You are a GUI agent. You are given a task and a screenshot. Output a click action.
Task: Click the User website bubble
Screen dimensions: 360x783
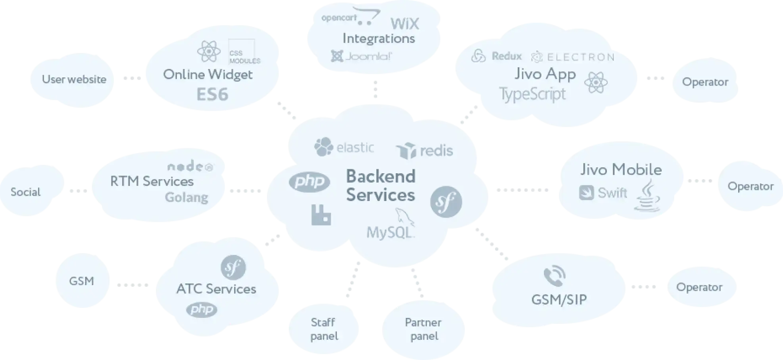[74, 80]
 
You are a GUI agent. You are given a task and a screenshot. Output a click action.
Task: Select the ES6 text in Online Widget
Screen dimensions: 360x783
[212, 95]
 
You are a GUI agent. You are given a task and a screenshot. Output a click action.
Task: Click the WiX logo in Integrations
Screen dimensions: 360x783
[405, 24]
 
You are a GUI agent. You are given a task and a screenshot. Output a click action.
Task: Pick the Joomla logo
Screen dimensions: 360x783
[361, 56]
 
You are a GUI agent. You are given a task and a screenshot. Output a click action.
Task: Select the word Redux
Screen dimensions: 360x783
[507, 56]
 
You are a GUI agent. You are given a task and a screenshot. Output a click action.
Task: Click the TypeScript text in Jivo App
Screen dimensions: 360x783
[532, 94]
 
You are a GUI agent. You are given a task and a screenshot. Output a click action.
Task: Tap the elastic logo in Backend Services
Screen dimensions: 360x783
[344, 147]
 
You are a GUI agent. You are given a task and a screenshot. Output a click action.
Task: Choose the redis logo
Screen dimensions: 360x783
[424, 151]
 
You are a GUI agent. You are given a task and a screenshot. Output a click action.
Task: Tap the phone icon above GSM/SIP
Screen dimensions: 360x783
[554, 276]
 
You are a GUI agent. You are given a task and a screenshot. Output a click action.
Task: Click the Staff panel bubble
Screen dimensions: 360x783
[324, 329]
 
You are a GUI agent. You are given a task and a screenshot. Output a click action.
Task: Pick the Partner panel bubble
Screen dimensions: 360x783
[424, 329]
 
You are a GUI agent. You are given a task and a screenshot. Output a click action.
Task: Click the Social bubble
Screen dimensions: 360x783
[26, 192]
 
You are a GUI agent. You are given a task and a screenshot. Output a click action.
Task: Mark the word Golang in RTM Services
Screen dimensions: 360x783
[186, 197]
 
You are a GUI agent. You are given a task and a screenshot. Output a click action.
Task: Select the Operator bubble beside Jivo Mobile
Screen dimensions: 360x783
[750, 186]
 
